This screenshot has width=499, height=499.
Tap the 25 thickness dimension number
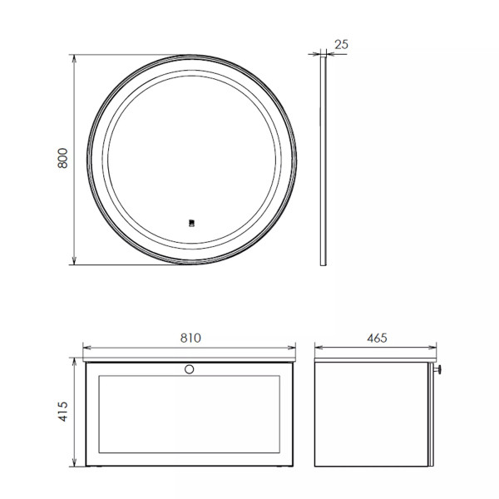[x=341, y=44]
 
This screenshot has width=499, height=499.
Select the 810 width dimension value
[x=190, y=338]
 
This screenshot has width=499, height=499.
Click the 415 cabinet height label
[x=62, y=413]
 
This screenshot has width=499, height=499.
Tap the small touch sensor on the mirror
[x=190, y=223]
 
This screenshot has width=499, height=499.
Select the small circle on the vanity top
[x=190, y=368]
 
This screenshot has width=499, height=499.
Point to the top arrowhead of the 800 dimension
[x=75, y=59]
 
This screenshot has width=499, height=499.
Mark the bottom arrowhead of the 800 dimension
[x=75, y=261]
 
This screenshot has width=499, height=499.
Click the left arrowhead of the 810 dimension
[x=87, y=348]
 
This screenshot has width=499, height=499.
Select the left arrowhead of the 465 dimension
[x=318, y=348]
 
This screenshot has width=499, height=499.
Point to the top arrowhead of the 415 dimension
[x=75, y=362]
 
